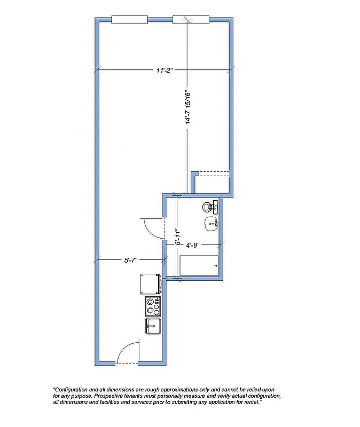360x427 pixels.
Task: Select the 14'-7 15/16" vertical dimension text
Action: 188,106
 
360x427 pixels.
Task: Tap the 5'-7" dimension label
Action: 131,260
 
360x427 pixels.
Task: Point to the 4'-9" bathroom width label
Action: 193,246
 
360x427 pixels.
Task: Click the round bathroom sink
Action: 210,224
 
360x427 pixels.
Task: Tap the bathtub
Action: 199,265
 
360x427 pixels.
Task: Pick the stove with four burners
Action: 153,306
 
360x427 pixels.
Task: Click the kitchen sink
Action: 153,325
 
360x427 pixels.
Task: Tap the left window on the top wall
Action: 129,20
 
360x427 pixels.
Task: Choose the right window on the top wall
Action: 191,20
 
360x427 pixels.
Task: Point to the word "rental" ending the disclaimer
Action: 249,402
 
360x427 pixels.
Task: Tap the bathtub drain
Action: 215,265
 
